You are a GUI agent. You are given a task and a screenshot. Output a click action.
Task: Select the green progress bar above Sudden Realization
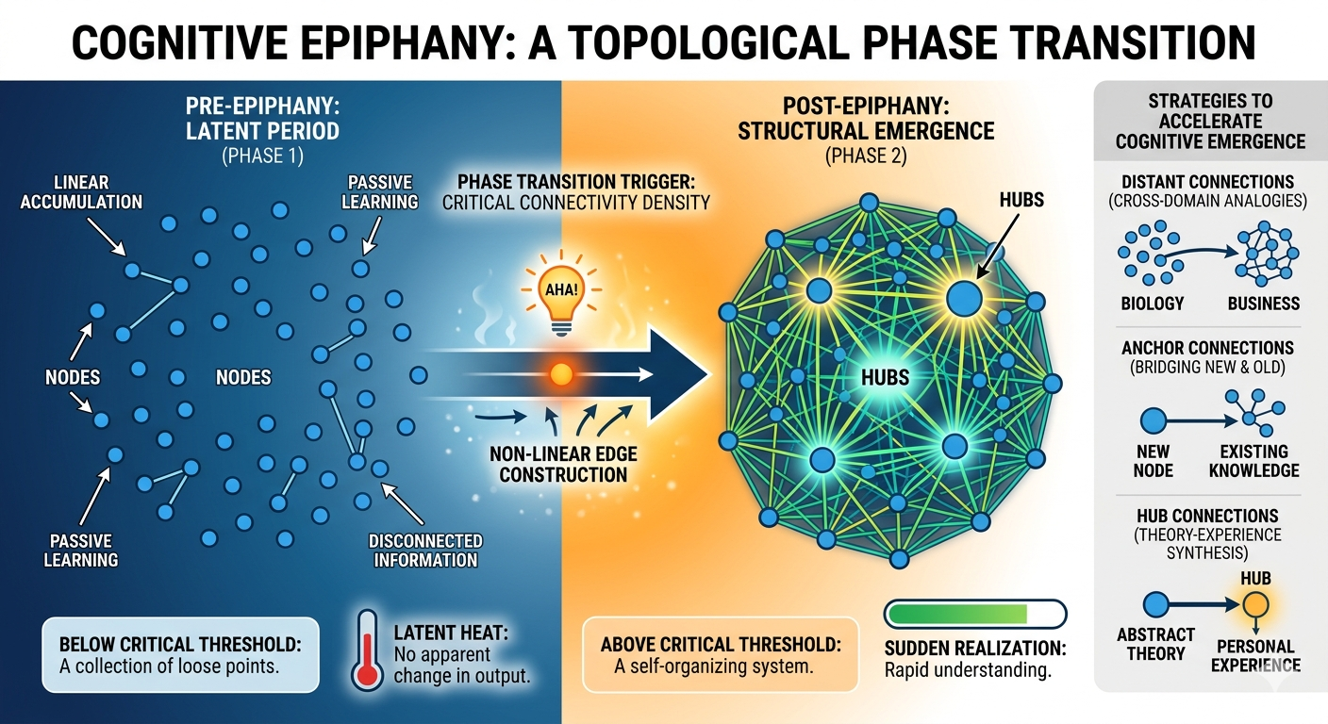(x=957, y=614)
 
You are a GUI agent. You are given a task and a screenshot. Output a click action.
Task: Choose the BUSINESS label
(x=1264, y=304)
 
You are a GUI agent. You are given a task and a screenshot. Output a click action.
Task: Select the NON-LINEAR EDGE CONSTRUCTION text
(x=563, y=465)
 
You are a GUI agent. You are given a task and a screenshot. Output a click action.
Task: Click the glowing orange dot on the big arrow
(x=561, y=375)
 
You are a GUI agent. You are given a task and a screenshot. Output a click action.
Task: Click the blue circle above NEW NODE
(x=1154, y=420)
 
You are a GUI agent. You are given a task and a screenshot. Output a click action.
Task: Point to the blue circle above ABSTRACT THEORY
(x=1155, y=604)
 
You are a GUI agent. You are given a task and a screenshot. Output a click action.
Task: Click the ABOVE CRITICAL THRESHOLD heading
(x=720, y=645)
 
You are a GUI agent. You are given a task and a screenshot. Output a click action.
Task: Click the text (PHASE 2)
(x=866, y=156)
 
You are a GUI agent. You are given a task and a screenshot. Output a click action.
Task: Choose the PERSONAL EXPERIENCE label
(x=1255, y=655)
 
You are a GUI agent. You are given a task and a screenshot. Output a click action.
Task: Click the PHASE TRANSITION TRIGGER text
(x=577, y=180)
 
